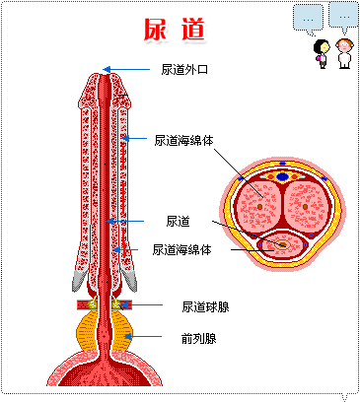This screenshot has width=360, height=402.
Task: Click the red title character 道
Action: pos(193,30)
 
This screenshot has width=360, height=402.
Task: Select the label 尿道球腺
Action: pos(205,306)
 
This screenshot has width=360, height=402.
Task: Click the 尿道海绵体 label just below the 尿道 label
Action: pos(182,249)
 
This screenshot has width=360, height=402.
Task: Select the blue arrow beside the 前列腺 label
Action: pos(138,338)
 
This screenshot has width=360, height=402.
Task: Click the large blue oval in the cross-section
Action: pos(283,176)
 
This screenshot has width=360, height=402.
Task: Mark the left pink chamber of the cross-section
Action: pos(261,204)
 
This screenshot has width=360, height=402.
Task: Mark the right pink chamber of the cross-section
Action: pos(305,204)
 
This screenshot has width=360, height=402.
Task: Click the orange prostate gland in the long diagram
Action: pos(105,330)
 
